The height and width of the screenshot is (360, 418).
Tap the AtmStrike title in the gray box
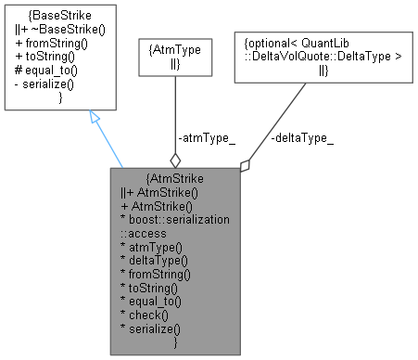coord(175,178)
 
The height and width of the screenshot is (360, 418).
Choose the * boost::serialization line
coord(175,217)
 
